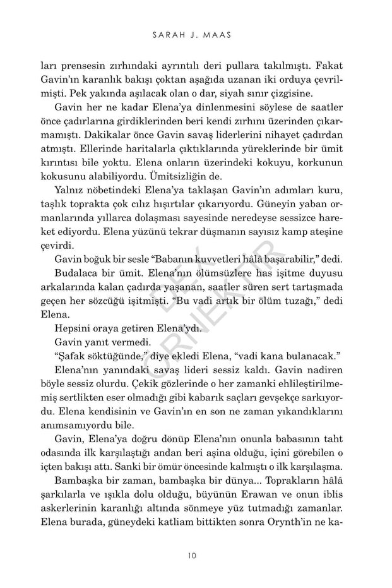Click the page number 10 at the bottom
pyautogui.click(x=196, y=556)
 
